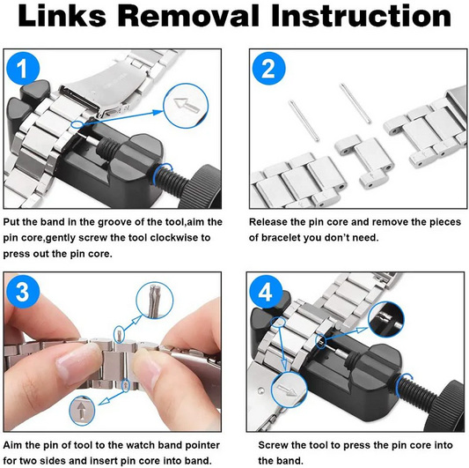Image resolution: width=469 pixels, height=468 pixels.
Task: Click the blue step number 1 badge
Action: click(23, 69)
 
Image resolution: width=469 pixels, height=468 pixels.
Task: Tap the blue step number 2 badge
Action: click(268, 69)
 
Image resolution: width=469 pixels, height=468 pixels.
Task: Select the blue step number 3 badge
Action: click(23, 291)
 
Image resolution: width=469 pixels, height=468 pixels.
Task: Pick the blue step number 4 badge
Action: click(266, 291)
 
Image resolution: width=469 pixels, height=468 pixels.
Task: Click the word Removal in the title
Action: click(188, 16)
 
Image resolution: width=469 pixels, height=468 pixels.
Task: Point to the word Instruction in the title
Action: click(361, 16)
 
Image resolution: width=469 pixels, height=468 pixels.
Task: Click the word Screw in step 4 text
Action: click(272, 445)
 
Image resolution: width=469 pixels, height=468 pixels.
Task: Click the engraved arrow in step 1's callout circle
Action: click(187, 106)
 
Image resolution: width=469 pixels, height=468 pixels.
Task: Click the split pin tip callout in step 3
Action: click(155, 301)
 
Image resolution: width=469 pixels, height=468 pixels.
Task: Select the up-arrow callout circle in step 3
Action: click(82, 410)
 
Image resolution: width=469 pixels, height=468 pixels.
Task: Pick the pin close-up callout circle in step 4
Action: click(386, 320)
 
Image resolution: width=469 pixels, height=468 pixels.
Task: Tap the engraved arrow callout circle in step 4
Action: click(289, 390)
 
